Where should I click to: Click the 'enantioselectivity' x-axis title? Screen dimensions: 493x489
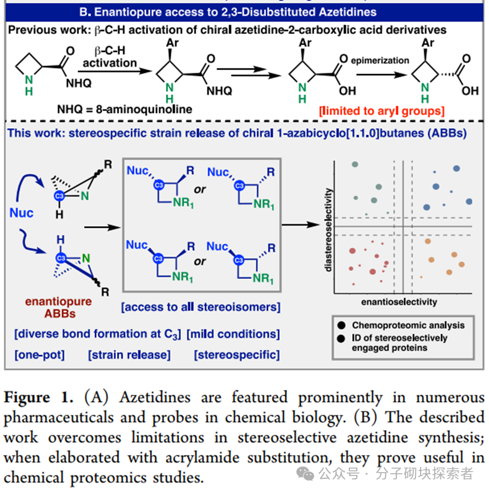click(399, 302)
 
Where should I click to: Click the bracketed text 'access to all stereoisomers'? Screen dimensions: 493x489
click(201, 307)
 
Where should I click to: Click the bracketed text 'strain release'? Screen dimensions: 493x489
click(129, 355)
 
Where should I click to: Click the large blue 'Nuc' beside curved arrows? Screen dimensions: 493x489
click(21, 213)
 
